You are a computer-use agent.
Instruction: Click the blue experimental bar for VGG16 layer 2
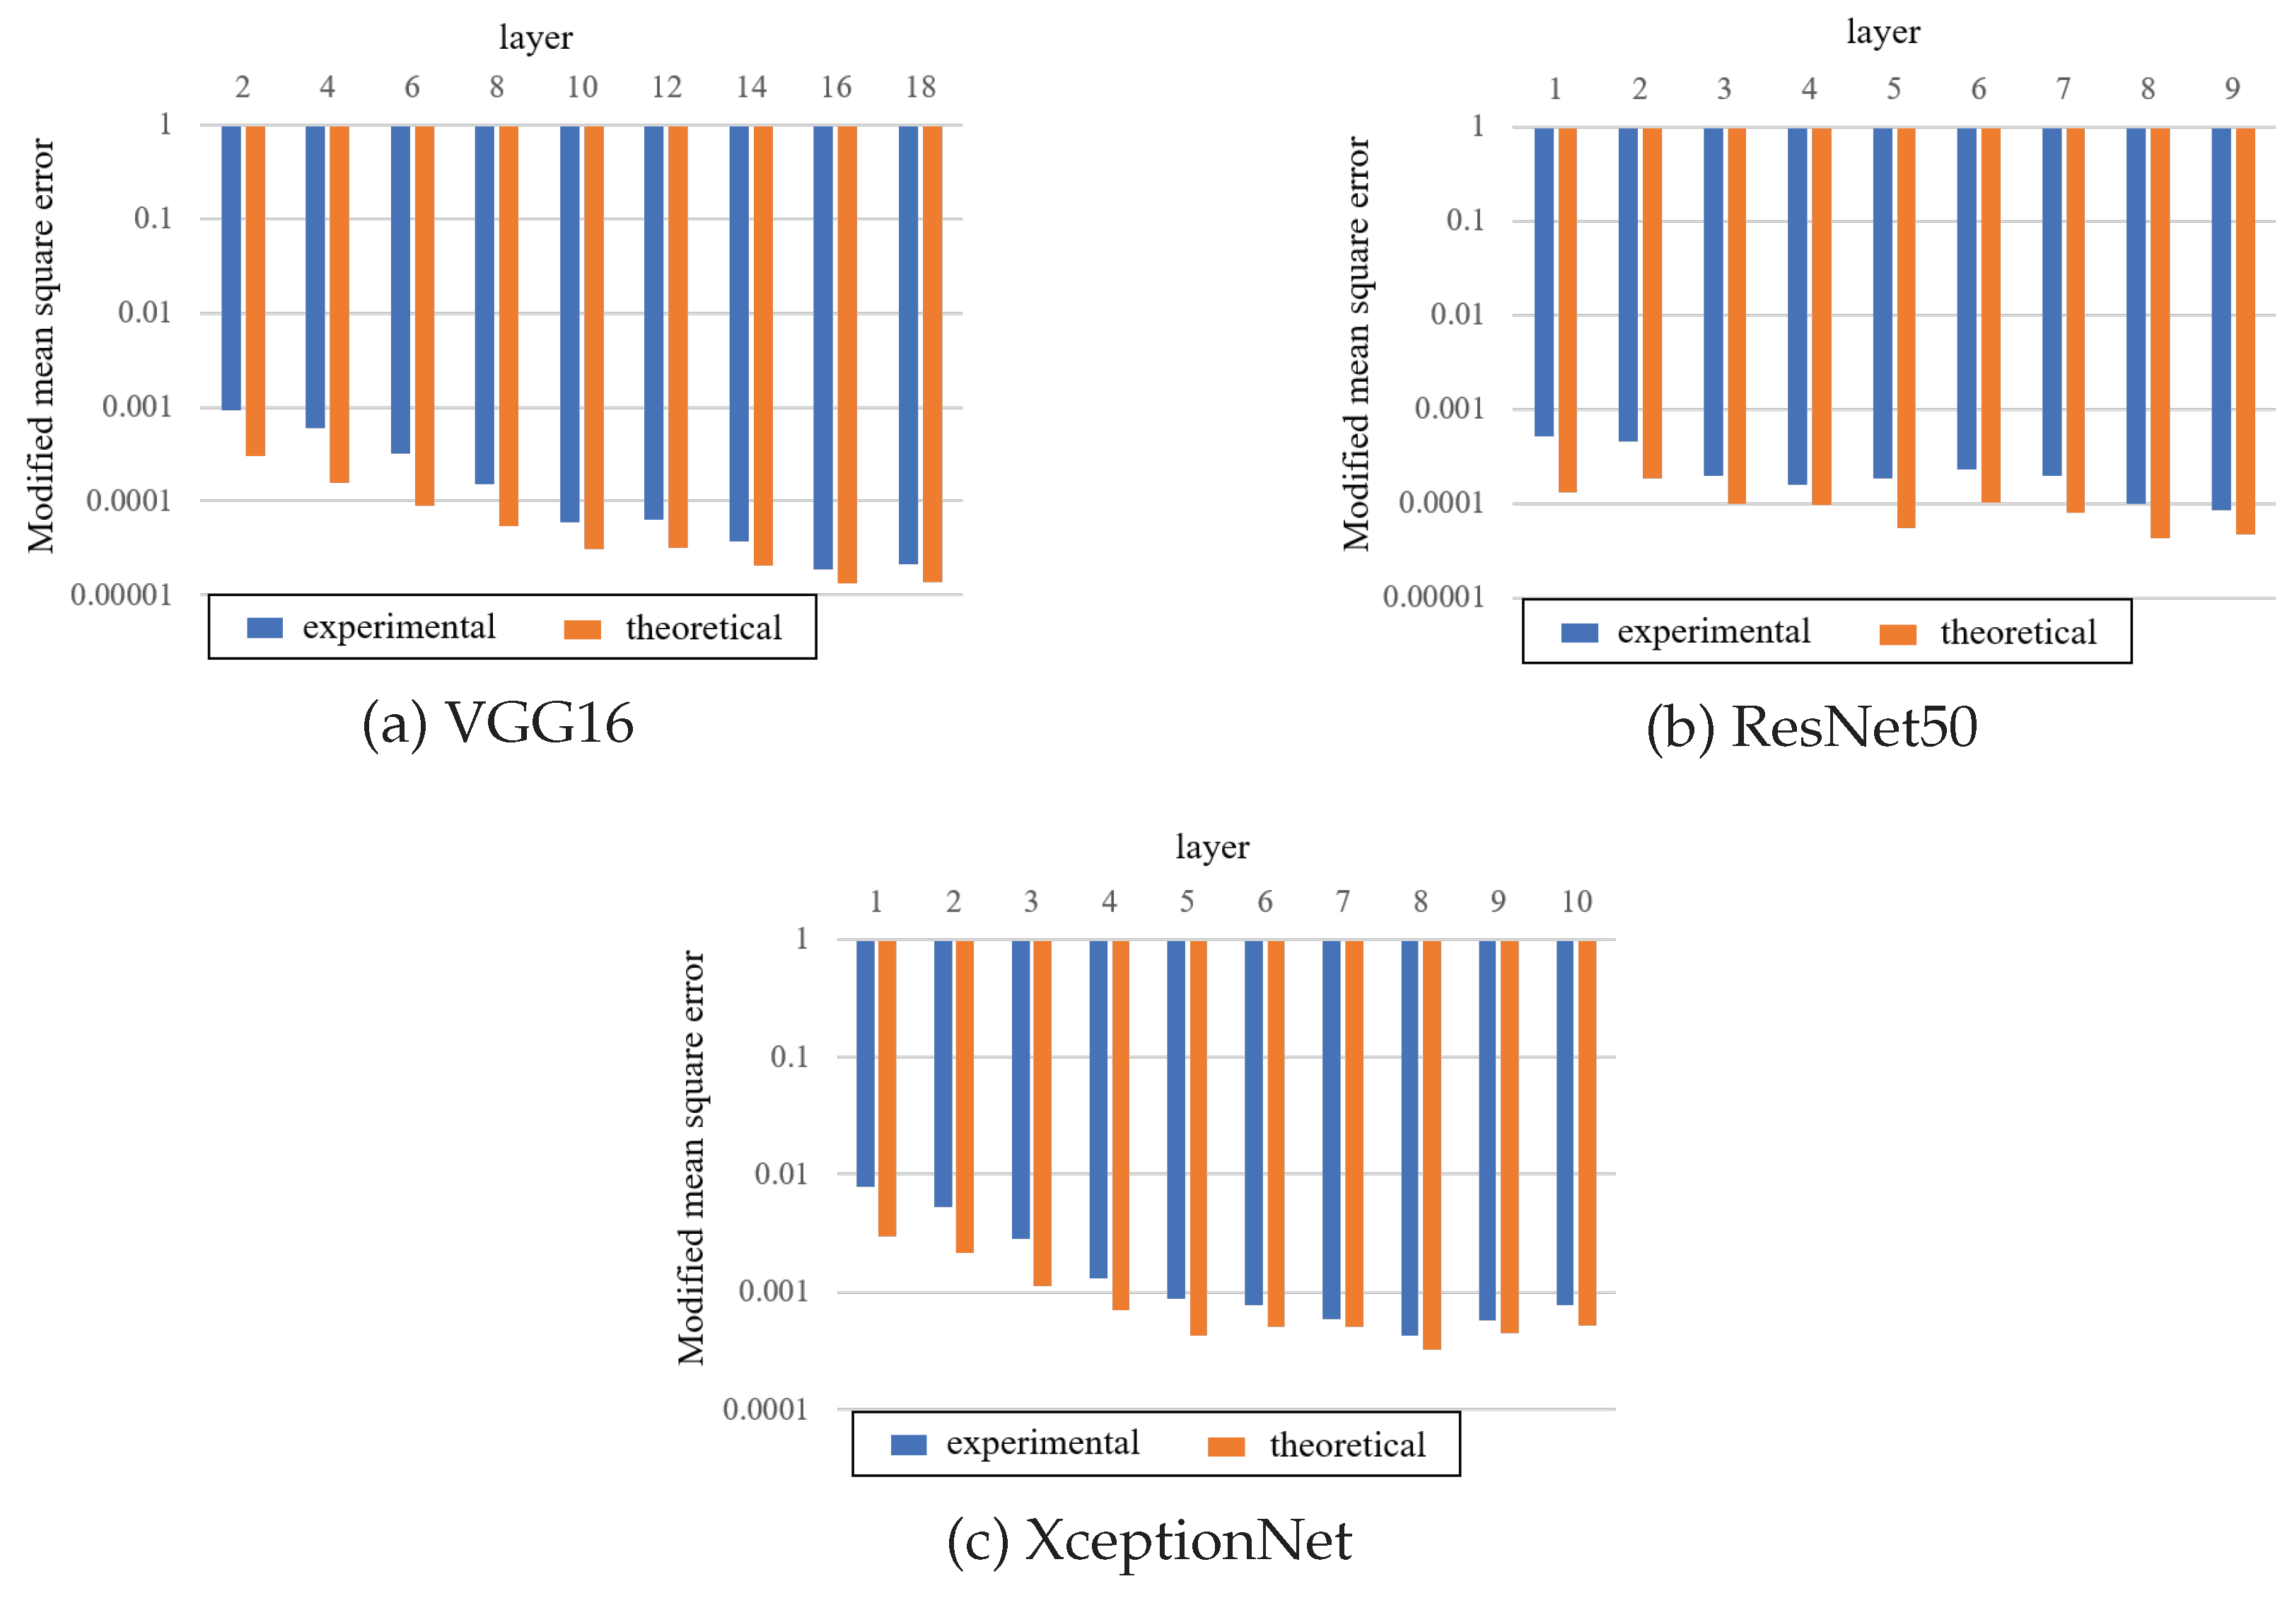231,267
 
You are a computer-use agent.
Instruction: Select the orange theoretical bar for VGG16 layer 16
847,354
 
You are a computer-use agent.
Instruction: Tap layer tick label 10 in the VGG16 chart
582,88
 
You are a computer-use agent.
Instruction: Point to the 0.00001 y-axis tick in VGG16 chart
121,596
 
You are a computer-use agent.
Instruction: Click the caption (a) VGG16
497,723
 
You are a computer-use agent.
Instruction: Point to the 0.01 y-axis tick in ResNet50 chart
1457,315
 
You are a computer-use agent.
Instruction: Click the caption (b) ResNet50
1811,728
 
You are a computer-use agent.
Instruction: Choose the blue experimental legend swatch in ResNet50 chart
1579,634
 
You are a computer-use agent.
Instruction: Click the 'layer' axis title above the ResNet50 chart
1883,32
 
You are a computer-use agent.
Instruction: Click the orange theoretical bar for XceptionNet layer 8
1431,1145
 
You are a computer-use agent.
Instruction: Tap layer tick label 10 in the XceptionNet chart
1576,902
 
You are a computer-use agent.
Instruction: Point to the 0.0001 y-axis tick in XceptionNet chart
764,1411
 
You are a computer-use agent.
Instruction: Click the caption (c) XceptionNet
1149,1540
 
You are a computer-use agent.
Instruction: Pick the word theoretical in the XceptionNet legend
1348,1445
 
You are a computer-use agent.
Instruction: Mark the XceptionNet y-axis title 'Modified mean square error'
691,1157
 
